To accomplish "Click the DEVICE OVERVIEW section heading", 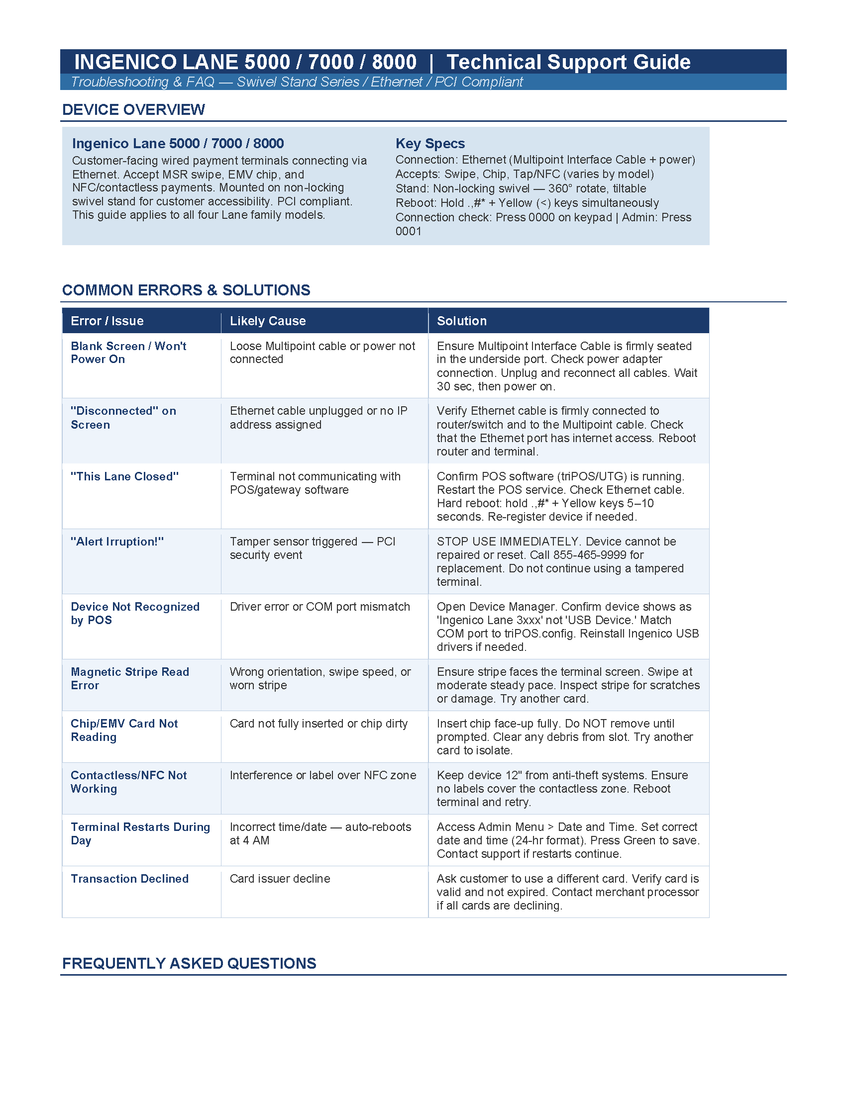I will pyautogui.click(x=133, y=110).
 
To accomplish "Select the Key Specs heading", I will pyautogui.click(x=430, y=144).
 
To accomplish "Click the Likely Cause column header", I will pyautogui.click(x=268, y=321).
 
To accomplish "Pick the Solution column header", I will pyautogui.click(x=462, y=321).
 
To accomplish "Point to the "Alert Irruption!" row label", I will pyautogui.click(x=117, y=542).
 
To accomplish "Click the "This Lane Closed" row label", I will pyautogui.click(x=125, y=476).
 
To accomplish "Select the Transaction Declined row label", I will pyautogui.click(x=130, y=879).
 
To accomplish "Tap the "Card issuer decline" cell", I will pyautogui.click(x=280, y=879).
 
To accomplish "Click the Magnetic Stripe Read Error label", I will pyautogui.click(x=130, y=678).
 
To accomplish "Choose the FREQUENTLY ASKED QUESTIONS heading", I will pyautogui.click(x=189, y=963).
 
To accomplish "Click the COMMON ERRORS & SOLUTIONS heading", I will pyautogui.click(x=186, y=290).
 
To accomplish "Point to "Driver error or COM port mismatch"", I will pyautogui.click(x=320, y=607).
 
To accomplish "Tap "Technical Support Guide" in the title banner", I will pyautogui.click(x=568, y=62).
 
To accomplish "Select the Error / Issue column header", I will pyautogui.click(x=107, y=321).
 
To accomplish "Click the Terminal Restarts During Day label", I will pyautogui.click(x=140, y=833).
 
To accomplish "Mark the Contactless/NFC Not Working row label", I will pyautogui.click(x=128, y=782).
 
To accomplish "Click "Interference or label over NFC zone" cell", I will pyautogui.click(x=323, y=775).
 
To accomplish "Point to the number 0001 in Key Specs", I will pyautogui.click(x=409, y=231).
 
